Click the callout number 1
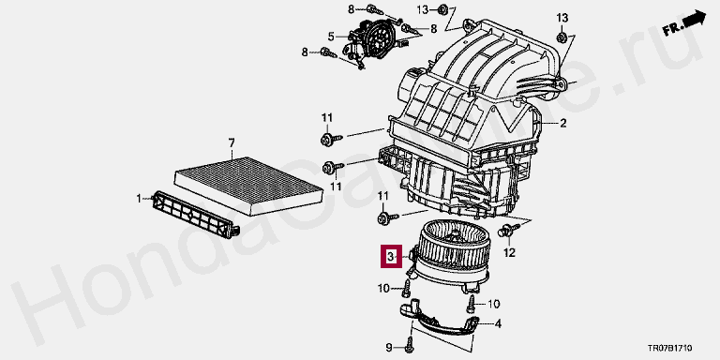click(139, 199)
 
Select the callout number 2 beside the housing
click(562, 123)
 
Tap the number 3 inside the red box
click(390, 256)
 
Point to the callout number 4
click(498, 323)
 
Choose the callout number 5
click(331, 36)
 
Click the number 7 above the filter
click(232, 143)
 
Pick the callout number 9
click(389, 347)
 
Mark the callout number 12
click(509, 252)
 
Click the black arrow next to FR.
click(694, 20)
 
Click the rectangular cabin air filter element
click(248, 186)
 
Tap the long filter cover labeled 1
click(195, 215)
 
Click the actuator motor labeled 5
click(368, 41)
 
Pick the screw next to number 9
click(410, 343)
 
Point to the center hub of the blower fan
click(455, 235)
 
